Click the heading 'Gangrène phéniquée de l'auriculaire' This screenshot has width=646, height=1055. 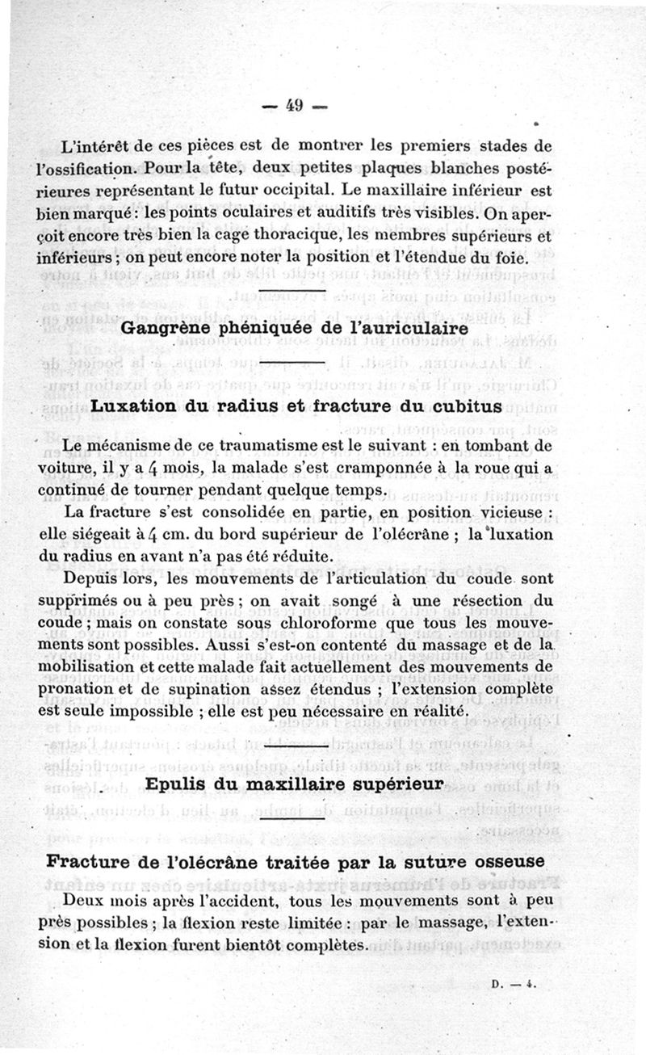pyautogui.click(x=294, y=329)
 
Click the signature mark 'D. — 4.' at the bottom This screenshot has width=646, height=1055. pyautogui.click(x=509, y=986)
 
